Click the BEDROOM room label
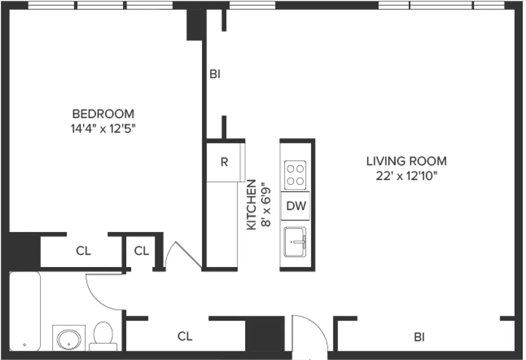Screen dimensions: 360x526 pos(103,113)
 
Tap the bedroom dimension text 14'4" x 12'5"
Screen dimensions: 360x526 pos(103,129)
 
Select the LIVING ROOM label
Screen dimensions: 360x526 pos(406,161)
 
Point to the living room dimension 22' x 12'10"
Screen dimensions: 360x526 pos(406,175)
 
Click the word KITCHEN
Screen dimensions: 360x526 pos(252,205)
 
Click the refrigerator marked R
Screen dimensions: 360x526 pos(224,162)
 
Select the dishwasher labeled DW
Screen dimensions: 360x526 pos(296,206)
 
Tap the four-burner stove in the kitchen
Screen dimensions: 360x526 pos(296,175)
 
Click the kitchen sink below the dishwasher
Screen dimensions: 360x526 pos(296,242)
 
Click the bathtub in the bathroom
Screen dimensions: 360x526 pos(25,310)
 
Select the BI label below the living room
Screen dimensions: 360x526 pos(419,337)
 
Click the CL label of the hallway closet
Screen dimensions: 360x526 pos(185,336)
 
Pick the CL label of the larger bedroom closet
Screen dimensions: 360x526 pos(83,251)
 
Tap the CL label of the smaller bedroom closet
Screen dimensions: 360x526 pos(142,251)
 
